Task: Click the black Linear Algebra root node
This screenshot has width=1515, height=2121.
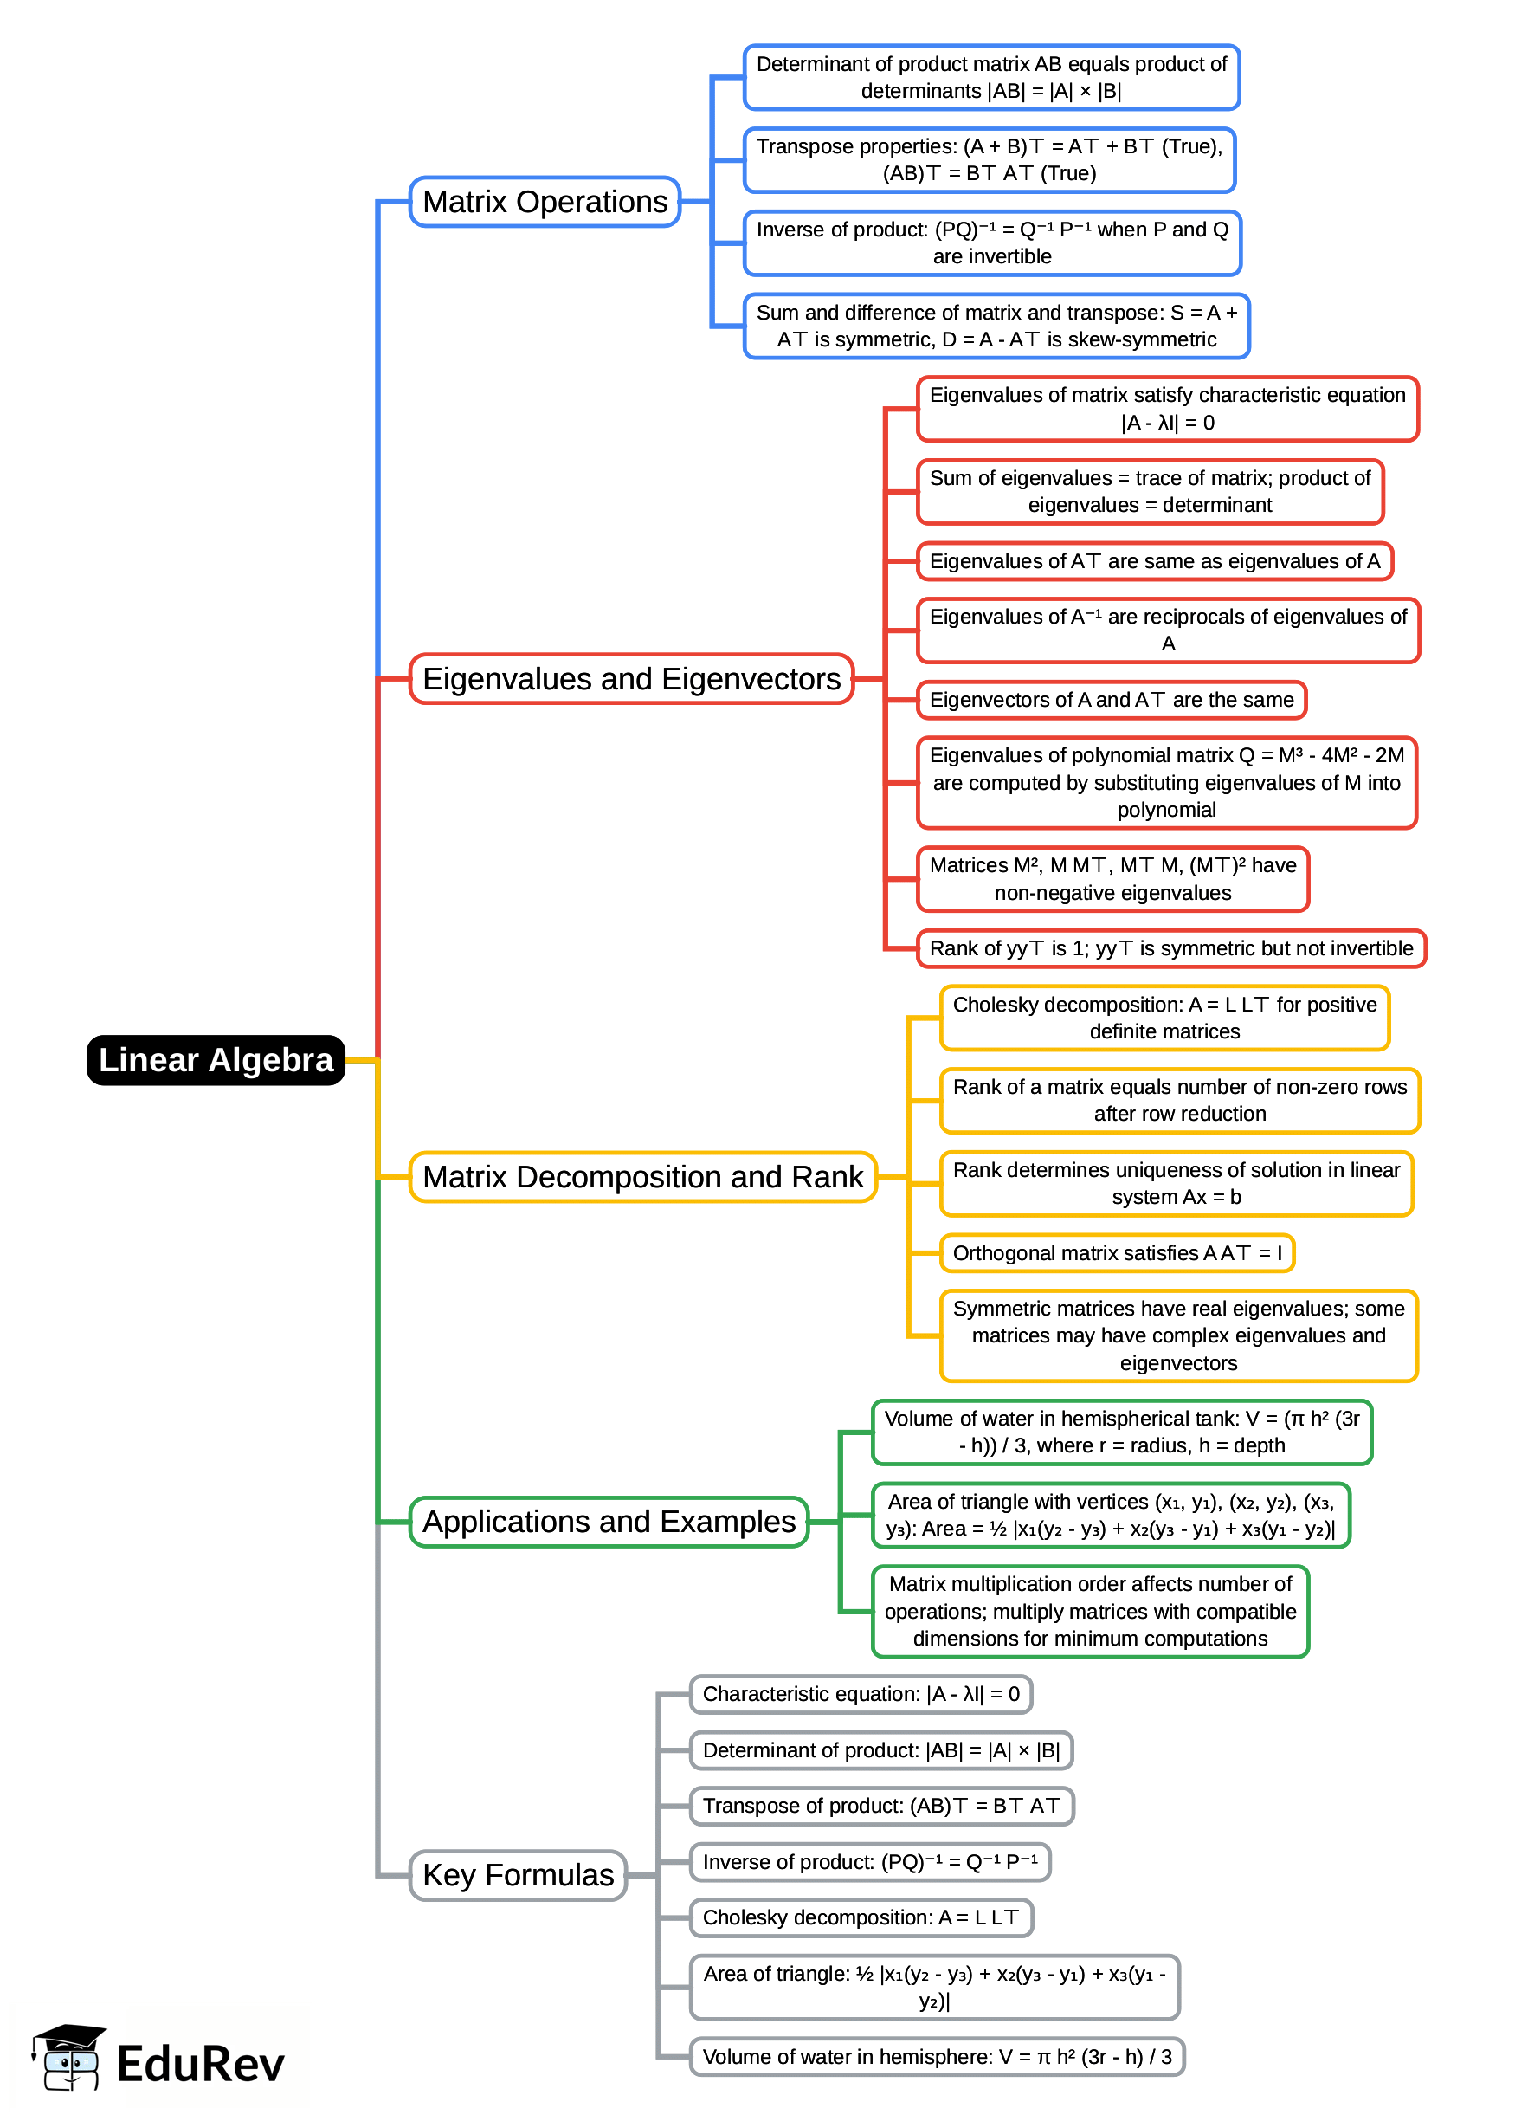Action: click(216, 1059)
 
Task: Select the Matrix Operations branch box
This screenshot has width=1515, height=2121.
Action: click(545, 202)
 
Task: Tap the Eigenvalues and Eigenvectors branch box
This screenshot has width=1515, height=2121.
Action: click(632, 678)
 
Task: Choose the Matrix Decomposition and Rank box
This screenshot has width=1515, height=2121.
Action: click(642, 1177)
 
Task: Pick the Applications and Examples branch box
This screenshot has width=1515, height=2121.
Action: click(609, 1521)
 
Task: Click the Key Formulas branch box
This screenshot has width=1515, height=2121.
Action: click(518, 1875)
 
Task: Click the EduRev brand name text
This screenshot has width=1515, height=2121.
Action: click(200, 2063)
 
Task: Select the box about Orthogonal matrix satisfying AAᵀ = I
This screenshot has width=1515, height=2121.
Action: click(1117, 1252)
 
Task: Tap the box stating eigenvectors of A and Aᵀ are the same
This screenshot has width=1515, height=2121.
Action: click(1111, 700)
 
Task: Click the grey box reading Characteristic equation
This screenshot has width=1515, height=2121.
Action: click(861, 1694)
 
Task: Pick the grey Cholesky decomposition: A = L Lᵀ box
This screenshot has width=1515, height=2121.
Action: click(861, 1917)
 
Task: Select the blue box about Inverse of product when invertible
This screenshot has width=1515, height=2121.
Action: click(991, 242)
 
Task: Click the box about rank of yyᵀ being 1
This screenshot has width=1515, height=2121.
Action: click(1170, 948)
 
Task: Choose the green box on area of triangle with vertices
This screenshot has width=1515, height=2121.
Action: click(1110, 1515)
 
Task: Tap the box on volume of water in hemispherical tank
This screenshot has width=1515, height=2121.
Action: click(1121, 1432)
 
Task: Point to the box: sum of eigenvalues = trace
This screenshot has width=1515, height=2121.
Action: click(1150, 491)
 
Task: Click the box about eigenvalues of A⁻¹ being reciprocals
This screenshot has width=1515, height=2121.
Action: click(1168, 630)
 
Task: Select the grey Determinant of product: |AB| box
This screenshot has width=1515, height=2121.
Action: click(880, 1749)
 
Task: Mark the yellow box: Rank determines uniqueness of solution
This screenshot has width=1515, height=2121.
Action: click(1177, 1183)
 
